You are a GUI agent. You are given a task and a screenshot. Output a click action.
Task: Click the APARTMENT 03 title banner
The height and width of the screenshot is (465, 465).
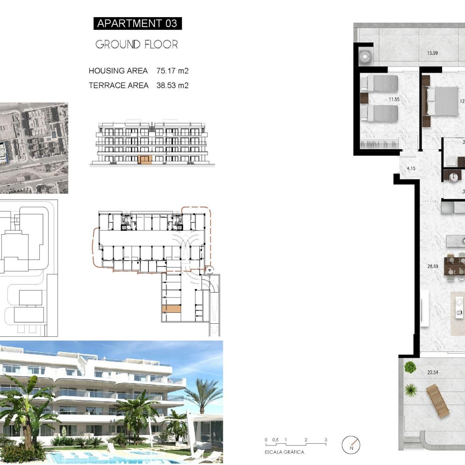point(137,23)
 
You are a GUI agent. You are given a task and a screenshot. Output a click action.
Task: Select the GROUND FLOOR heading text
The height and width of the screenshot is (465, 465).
point(137,44)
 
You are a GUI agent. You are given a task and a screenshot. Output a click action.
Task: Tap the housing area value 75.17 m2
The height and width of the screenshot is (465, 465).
point(172,71)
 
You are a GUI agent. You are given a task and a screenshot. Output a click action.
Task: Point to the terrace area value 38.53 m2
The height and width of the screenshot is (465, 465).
point(172,85)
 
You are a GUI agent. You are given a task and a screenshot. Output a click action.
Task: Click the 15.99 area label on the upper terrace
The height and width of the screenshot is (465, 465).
point(432,53)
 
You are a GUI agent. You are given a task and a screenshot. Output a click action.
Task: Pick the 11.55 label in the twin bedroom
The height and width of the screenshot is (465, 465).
point(394,99)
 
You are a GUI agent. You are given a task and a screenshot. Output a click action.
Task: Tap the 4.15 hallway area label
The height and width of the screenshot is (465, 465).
point(411,168)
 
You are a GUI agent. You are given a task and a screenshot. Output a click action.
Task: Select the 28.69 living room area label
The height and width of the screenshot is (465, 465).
point(433,266)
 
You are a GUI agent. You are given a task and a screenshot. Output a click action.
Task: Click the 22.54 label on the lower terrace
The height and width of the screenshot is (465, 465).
point(433,372)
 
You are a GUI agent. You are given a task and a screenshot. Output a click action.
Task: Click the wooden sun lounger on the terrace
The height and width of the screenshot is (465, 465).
point(438,401)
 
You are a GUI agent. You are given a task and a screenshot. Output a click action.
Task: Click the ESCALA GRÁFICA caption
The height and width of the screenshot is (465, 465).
point(285,452)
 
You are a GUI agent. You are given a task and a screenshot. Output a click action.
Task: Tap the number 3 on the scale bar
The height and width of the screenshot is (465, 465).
point(326,440)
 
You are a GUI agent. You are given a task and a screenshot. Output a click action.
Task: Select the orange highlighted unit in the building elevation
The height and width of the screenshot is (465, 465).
point(145,160)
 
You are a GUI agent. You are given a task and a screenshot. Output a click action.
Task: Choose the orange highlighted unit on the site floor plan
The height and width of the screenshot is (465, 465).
point(171,309)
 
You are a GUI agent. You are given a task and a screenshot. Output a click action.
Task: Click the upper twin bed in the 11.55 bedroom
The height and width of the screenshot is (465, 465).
point(379,83)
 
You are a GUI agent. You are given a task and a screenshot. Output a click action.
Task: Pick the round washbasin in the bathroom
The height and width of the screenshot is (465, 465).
point(453,177)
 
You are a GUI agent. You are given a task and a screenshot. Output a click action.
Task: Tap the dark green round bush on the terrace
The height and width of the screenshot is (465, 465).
point(410,367)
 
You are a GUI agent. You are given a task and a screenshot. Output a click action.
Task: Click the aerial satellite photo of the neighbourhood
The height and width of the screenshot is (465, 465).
point(34,148)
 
